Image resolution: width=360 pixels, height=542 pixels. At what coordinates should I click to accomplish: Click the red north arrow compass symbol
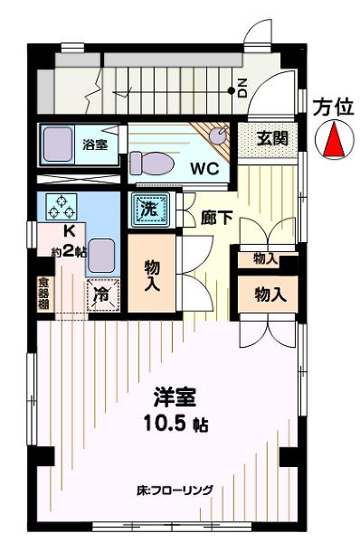[x=335, y=140]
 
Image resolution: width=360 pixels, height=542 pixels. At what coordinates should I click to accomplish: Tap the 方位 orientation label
[x=334, y=107]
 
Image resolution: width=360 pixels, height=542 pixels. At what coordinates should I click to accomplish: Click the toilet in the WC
[x=152, y=164]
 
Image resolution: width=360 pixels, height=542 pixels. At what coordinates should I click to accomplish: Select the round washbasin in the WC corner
[x=218, y=135]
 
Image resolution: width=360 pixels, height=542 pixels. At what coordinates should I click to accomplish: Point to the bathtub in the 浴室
[x=58, y=145]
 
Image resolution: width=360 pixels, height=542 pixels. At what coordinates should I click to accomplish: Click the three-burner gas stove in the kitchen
[x=62, y=207]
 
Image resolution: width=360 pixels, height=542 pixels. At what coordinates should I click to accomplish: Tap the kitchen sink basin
[x=101, y=256]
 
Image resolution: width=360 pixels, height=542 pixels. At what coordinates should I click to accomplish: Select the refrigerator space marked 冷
[x=103, y=294]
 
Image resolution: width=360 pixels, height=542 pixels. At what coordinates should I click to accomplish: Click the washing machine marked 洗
[x=150, y=210]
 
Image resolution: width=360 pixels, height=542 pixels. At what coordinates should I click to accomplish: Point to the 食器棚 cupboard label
[x=43, y=294]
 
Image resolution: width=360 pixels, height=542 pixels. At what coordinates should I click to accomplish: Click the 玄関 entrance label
[x=271, y=138]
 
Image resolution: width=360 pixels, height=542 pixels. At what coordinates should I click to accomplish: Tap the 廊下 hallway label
[x=216, y=218]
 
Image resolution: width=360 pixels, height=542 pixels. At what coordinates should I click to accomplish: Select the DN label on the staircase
[x=242, y=88]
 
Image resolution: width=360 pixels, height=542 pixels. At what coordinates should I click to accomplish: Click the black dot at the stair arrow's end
[x=231, y=90]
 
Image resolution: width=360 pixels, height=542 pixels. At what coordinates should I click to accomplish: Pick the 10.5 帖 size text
[x=175, y=424]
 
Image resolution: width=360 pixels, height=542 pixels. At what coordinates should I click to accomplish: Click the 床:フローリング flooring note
[x=175, y=491]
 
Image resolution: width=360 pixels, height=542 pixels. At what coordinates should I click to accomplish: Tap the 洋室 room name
[x=175, y=397]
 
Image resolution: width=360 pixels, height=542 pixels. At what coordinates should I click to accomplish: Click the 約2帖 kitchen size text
[x=69, y=251]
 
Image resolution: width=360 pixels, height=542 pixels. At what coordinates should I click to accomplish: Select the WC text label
[x=204, y=168]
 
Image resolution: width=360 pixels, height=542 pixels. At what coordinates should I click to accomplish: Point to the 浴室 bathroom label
[x=95, y=145]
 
